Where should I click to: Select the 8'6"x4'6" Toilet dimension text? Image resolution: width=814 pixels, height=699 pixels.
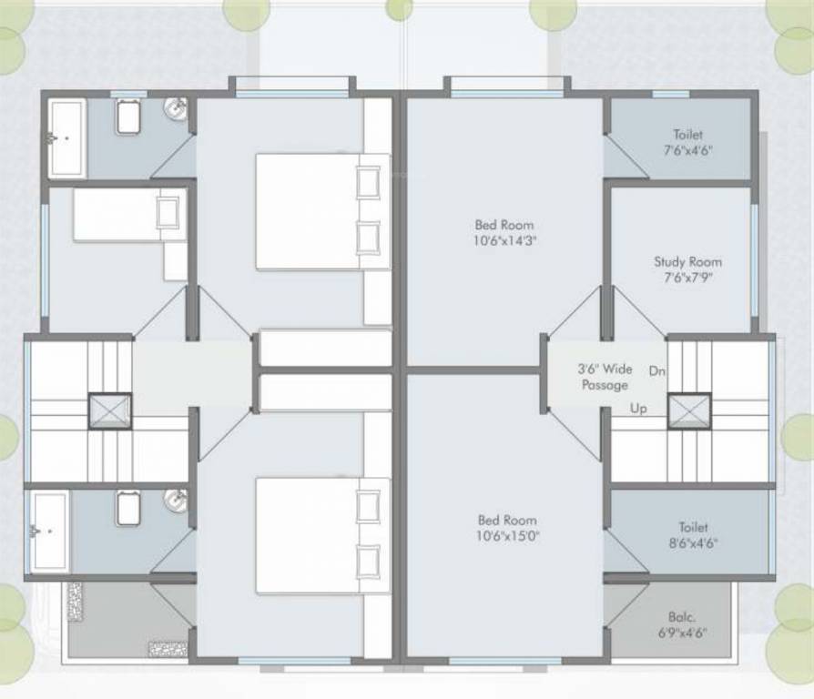pos(693,544)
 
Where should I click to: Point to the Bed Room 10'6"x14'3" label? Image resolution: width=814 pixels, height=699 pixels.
pos(504,233)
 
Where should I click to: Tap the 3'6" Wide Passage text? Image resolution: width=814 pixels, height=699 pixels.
pos(605,377)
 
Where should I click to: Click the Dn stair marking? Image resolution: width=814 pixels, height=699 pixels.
pos(656,371)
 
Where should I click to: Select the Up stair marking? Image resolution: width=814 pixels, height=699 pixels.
pos(639,409)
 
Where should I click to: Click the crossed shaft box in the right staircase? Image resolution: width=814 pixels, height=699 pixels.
pos(688,410)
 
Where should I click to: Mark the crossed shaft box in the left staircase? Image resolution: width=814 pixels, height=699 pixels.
pos(110,410)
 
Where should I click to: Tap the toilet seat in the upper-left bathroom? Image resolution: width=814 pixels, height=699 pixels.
pos(128,116)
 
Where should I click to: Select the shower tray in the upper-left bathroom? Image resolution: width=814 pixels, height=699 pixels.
pos(66,138)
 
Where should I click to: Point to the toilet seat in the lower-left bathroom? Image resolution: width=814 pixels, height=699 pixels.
pos(127,507)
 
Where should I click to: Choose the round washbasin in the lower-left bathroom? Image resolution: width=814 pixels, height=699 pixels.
pos(176,500)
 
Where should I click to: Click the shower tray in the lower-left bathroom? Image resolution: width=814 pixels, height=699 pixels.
pos(49,532)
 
